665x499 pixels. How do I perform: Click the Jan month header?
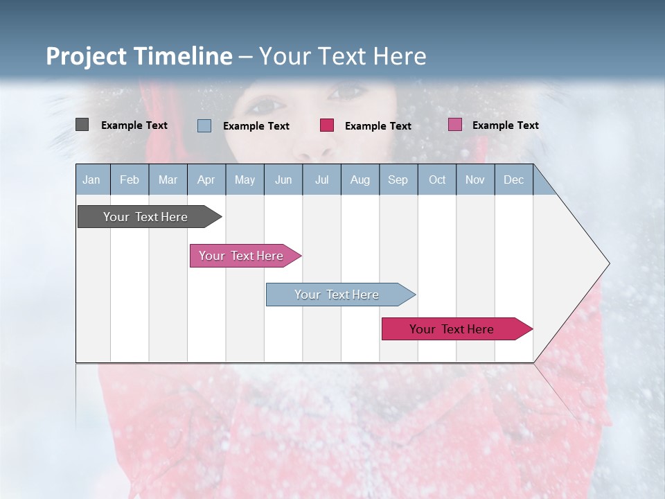91,180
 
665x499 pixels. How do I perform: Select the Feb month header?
130,180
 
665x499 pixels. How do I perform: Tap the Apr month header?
206,180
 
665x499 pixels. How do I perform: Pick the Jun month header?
283,180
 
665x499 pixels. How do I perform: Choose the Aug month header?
360,180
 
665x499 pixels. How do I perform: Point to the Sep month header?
398,180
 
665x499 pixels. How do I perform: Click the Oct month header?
437,180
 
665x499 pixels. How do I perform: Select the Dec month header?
513,180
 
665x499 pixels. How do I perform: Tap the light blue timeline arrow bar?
337,295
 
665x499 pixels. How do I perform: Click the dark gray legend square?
82,125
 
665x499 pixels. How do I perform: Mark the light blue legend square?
204,125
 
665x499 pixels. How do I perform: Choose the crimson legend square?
327,125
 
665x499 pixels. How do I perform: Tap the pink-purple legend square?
454,125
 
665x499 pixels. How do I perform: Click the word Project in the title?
87,56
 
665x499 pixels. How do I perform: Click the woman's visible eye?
266,106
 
